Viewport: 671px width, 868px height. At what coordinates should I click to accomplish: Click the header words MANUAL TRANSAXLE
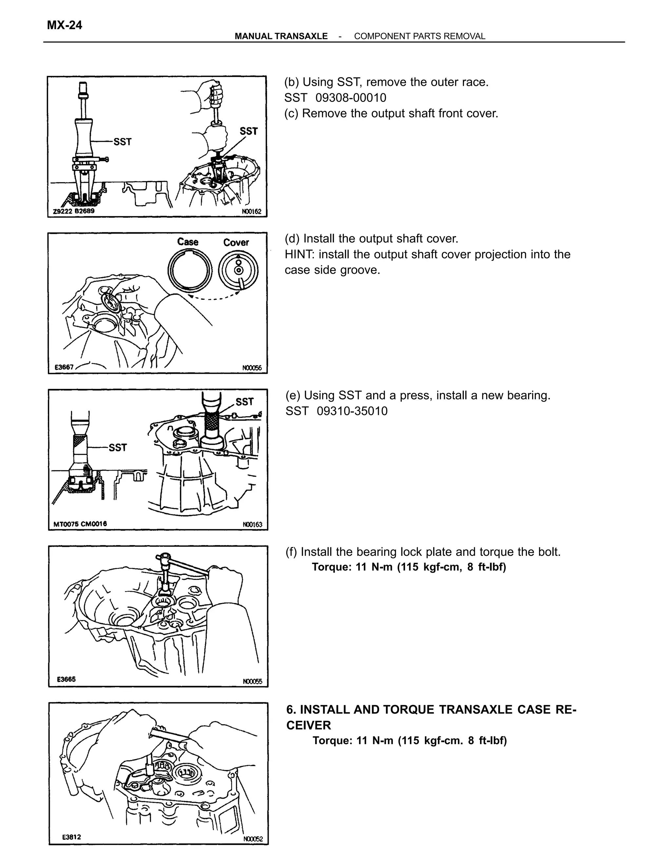click(281, 36)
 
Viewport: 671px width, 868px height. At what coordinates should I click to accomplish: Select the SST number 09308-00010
click(351, 98)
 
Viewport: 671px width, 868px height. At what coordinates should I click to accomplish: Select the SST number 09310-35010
click(352, 411)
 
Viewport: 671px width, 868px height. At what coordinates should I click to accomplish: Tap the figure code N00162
click(252, 212)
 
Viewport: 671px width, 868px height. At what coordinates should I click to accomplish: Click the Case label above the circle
click(188, 242)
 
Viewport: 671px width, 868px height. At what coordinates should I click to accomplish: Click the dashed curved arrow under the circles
click(214, 297)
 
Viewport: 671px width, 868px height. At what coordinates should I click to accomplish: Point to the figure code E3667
click(64, 367)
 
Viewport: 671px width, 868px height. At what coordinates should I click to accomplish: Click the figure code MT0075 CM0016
click(80, 524)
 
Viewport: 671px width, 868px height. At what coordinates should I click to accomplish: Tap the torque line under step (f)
click(409, 567)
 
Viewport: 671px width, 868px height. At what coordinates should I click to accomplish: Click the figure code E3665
click(66, 679)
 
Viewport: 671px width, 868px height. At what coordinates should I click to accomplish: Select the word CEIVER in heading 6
click(308, 725)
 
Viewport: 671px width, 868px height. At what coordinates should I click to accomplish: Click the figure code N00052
click(253, 839)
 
